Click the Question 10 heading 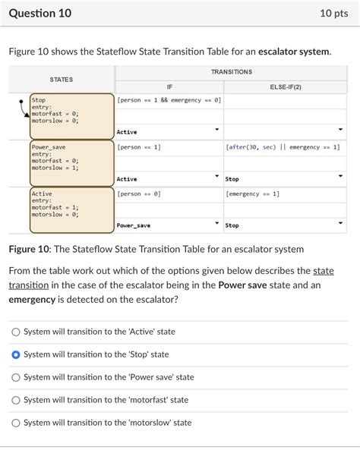point(40,13)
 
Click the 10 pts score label point(334,13)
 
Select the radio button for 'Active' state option point(16,332)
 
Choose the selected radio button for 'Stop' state point(16,354)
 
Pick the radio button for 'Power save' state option point(16,377)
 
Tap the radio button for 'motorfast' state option point(16,400)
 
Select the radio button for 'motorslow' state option point(16,423)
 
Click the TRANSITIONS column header point(231,72)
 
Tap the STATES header point(62,79)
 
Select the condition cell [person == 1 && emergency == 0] point(169,100)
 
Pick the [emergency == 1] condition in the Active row point(253,194)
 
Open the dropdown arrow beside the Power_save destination point(216,225)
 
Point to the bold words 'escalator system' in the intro point(294,52)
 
